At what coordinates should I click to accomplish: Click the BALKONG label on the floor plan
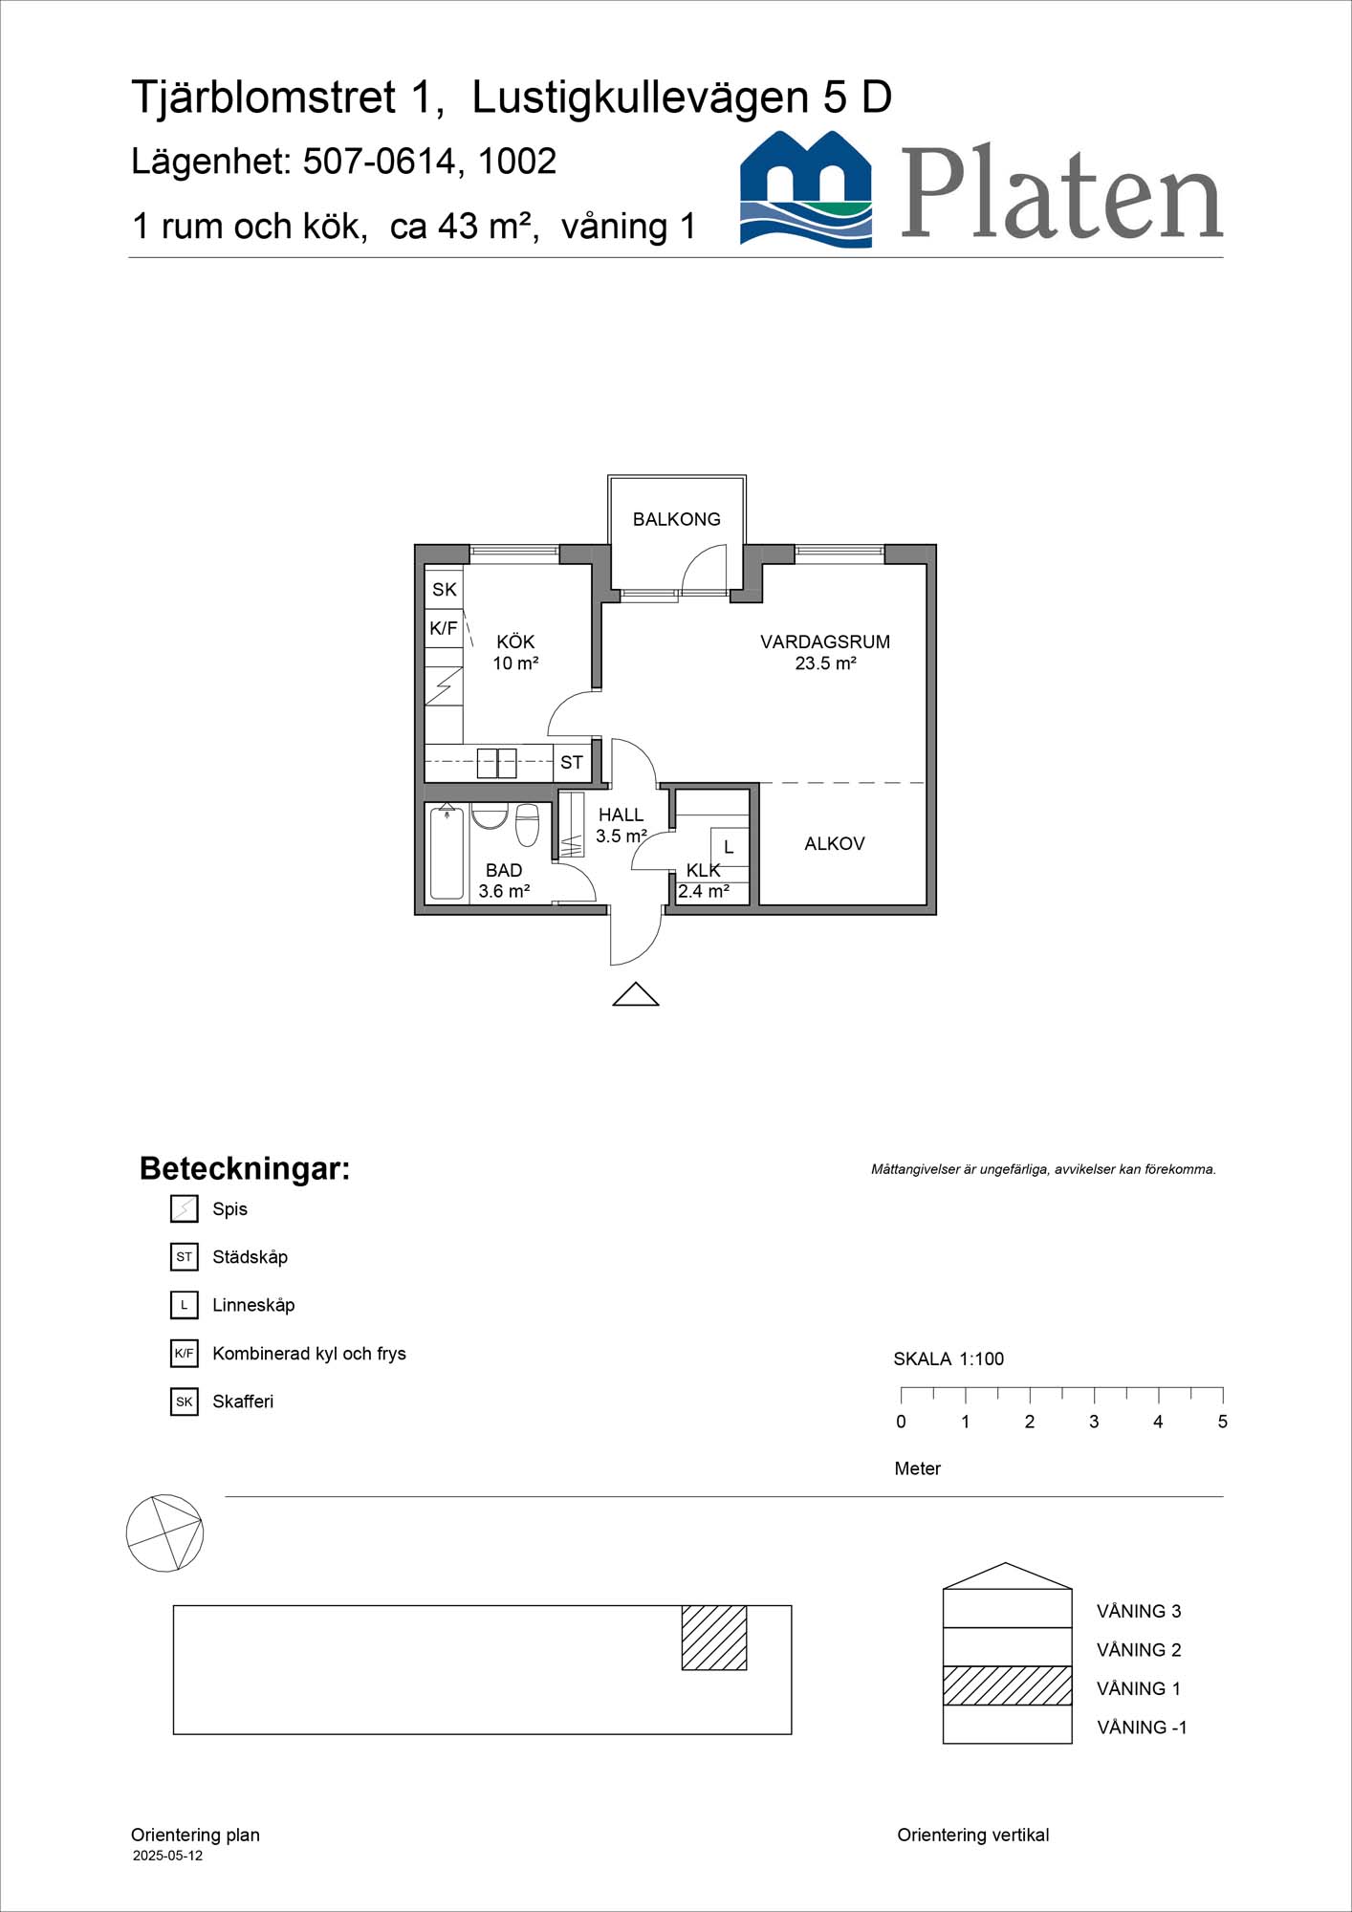[676, 519]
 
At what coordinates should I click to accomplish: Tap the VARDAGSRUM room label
[824, 642]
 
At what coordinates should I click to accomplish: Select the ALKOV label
[834, 843]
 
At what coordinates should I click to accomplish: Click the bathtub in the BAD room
[447, 853]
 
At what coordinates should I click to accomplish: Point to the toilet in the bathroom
[527, 824]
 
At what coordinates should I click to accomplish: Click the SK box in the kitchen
[444, 589]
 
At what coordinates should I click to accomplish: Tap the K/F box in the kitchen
[444, 628]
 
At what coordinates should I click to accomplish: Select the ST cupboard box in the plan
[572, 762]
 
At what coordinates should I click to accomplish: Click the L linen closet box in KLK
[729, 847]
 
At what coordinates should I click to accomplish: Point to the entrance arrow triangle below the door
[636, 995]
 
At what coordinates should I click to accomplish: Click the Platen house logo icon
[806, 189]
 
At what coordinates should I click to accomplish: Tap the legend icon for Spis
[184, 1209]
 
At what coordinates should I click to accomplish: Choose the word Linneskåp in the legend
[253, 1305]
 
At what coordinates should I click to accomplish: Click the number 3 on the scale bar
[1094, 1422]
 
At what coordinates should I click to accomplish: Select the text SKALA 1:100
[949, 1358]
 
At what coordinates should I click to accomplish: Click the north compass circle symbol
[164, 1532]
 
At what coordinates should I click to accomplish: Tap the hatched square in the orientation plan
[713, 1638]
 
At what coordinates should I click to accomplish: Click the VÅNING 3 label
[1138, 1611]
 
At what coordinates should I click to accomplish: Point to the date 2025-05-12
[167, 1856]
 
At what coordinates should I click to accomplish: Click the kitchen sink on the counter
[496, 763]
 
